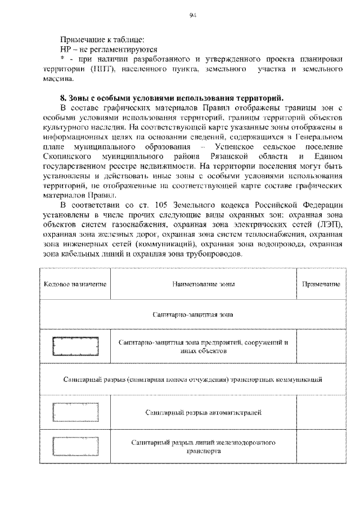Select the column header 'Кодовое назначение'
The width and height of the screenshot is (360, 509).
click(x=75, y=285)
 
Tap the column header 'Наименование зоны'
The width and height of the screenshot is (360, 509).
click(x=203, y=285)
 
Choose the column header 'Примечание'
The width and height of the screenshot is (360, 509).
click(x=321, y=285)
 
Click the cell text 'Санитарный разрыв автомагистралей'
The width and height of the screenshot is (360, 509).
click(x=203, y=412)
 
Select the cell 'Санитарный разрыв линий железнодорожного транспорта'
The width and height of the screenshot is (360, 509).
click(x=203, y=447)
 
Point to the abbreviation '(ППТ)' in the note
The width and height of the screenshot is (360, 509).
click(x=101, y=68)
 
